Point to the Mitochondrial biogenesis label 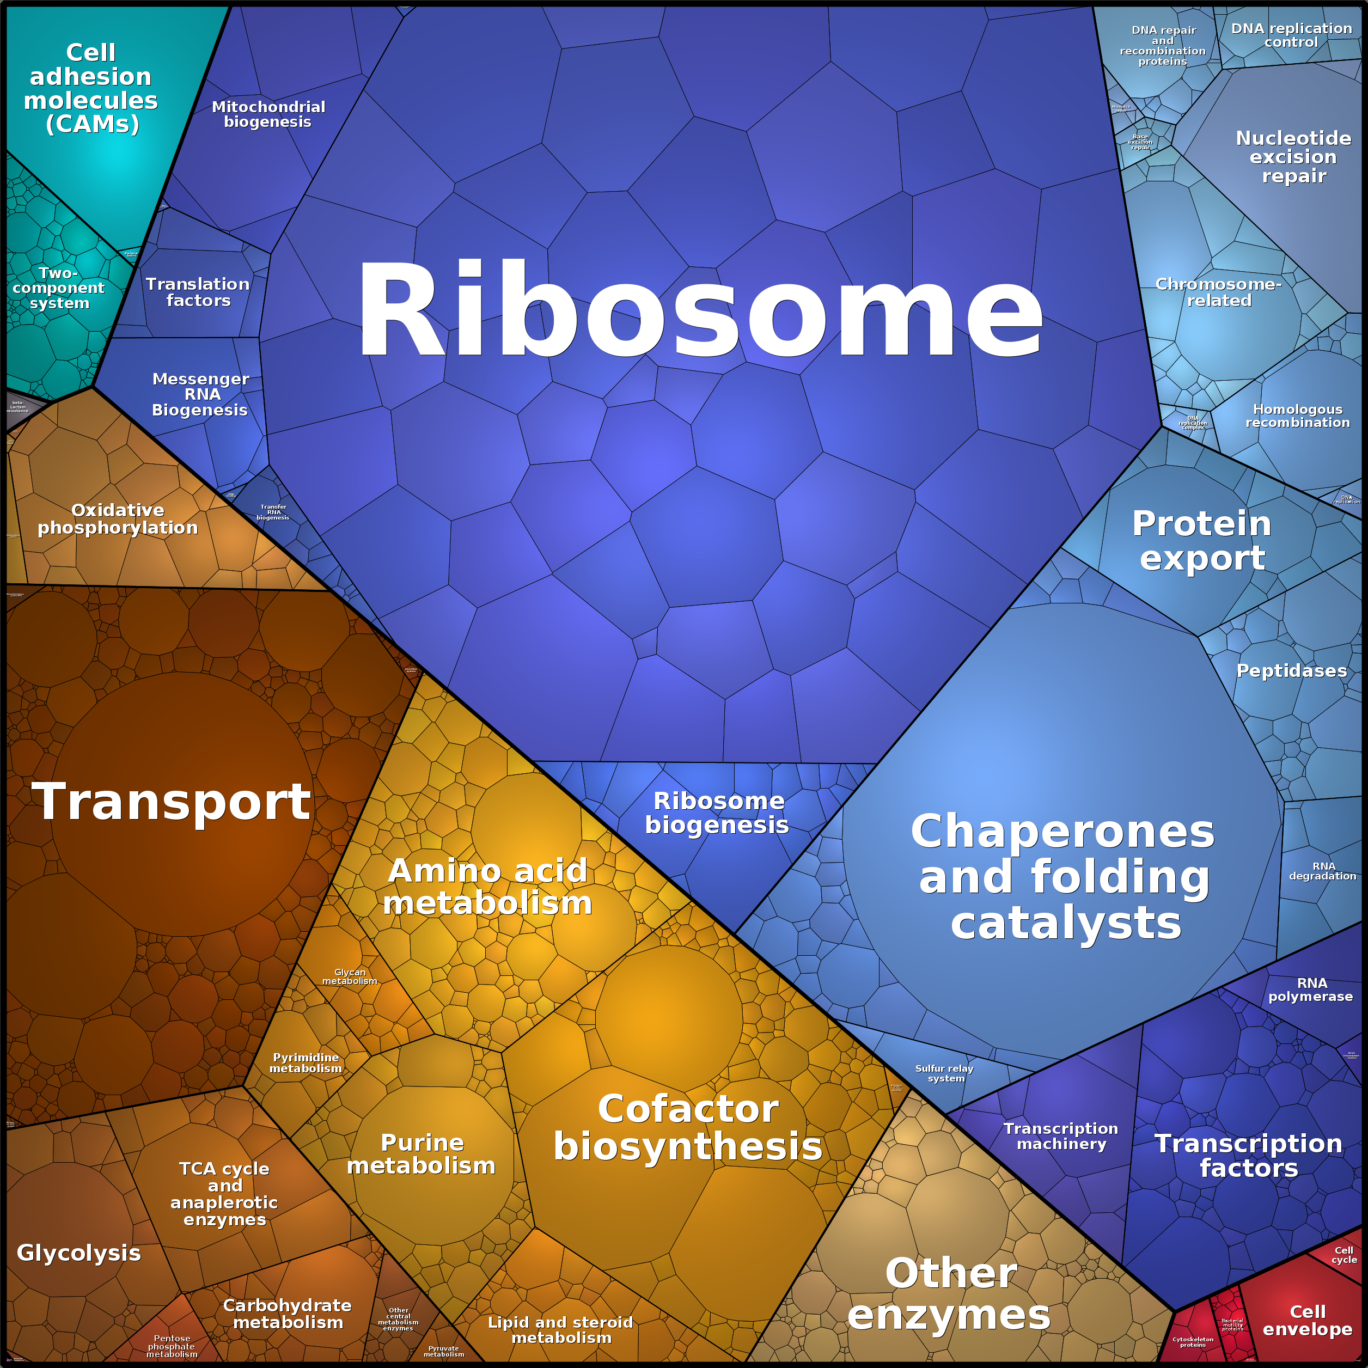point(268,114)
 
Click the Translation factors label point(198,292)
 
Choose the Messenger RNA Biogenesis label point(200,394)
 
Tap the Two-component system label point(59,288)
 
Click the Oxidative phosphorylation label point(118,519)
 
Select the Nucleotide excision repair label point(1293,156)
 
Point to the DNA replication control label point(1292,35)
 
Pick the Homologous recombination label point(1297,416)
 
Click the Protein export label point(1201,540)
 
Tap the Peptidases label point(1292,670)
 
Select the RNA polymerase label point(1311,989)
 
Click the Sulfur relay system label point(944,1073)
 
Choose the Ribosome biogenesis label point(717,813)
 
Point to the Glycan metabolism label point(350,976)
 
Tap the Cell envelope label point(1307,1321)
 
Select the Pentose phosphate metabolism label point(172,1347)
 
